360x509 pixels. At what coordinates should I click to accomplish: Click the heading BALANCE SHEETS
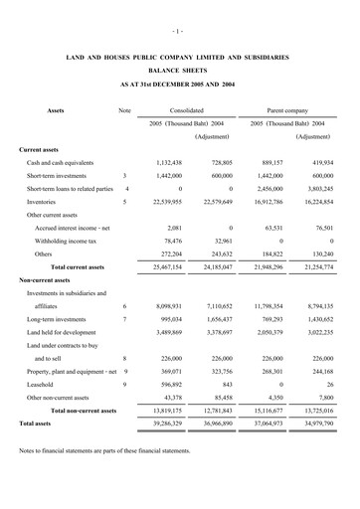(x=179, y=73)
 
